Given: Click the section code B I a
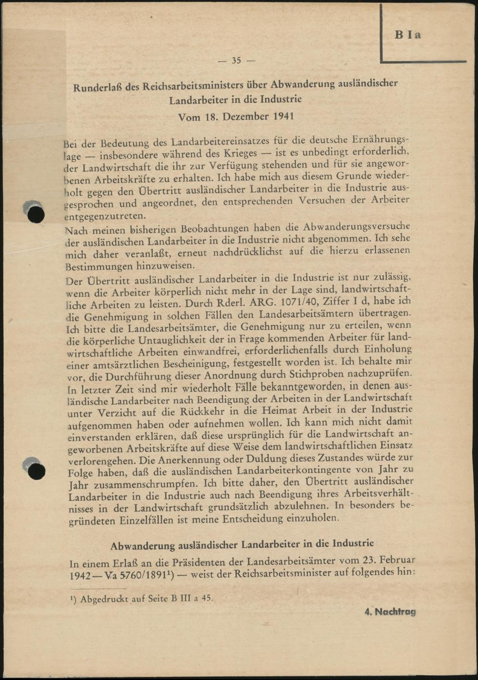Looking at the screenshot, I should point(408,35).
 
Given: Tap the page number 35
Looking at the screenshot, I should point(237,61).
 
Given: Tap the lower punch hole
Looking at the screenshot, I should point(36,471).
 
